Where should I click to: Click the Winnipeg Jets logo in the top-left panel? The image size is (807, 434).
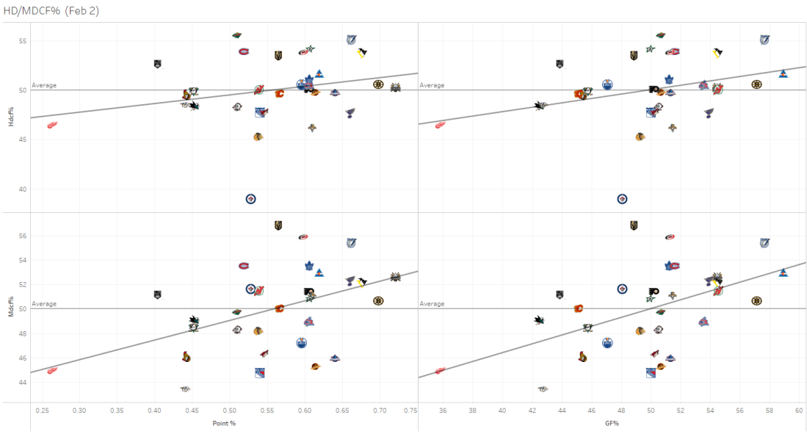pos(250,199)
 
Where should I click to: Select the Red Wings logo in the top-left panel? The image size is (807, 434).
pos(52,125)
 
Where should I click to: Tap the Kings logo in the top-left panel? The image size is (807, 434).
pos(157,64)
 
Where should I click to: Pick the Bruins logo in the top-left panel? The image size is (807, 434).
pos(378,84)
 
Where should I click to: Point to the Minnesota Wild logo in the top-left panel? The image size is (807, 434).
pos(236,35)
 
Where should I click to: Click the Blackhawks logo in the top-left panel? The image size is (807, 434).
pos(257,137)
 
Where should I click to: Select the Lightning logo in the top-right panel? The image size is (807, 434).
pos(764,40)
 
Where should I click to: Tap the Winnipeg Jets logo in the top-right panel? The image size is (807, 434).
pos(622,199)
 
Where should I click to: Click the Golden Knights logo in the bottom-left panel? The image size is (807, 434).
pos(278,225)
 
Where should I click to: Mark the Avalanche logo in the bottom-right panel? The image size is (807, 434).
pos(784,272)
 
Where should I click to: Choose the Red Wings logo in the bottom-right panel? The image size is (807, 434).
pos(440,371)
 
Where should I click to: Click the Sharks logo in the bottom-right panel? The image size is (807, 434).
pos(540,320)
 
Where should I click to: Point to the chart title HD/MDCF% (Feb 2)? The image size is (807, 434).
pos(51,10)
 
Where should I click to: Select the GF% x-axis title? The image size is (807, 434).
pos(612,424)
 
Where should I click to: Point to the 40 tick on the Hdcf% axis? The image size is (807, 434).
pos(22,189)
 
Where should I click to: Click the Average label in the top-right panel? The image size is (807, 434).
pos(432,85)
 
